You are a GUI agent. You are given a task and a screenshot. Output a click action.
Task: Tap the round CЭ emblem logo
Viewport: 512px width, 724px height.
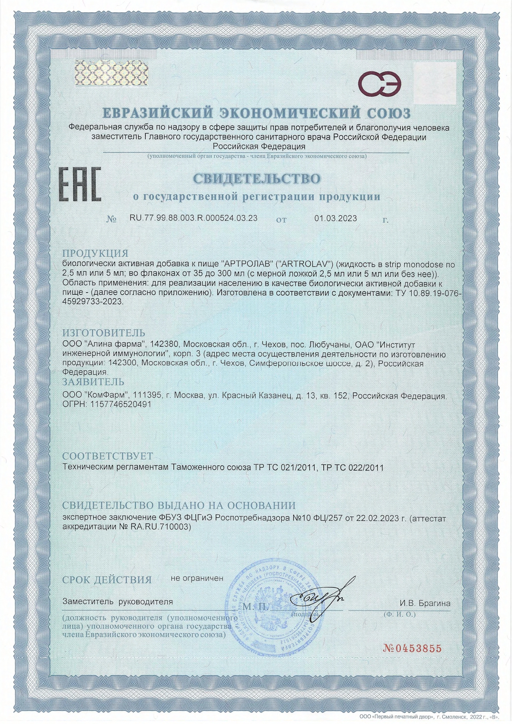[379, 83]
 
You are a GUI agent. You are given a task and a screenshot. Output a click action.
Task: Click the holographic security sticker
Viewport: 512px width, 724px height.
[111, 73]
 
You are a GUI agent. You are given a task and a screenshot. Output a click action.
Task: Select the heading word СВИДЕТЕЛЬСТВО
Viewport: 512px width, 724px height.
[256, 179]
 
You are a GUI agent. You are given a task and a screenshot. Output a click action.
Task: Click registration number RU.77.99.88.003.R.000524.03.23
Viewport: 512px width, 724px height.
[193, 218]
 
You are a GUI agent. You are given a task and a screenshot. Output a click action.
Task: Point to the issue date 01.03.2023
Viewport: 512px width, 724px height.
[336, 218]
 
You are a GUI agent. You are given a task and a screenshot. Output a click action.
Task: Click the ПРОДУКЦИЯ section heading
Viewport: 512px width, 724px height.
[95, 253]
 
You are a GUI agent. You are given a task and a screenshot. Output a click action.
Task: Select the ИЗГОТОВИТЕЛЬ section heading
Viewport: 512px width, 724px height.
[104, 333]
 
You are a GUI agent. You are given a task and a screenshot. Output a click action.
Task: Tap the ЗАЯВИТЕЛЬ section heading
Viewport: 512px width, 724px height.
[93, 382]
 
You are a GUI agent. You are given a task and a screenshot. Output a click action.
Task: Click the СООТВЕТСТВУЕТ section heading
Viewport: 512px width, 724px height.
[107, 456]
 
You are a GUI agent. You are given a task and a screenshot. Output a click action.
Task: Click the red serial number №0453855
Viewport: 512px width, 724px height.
[412, 648]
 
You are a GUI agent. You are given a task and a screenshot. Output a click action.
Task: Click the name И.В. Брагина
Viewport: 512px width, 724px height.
[424, 603]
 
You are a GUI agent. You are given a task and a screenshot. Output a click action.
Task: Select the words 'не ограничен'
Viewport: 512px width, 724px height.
[197, 578]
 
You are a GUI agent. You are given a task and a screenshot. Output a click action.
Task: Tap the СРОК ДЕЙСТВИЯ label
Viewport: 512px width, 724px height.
[107, 580]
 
